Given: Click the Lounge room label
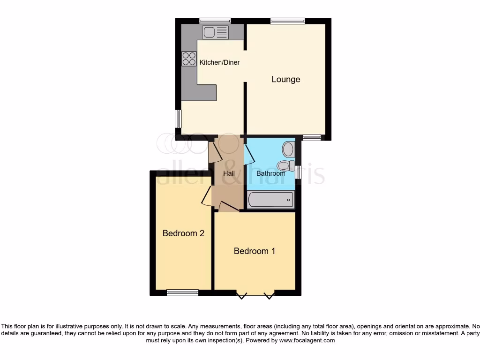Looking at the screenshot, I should [286, 79].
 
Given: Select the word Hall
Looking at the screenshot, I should [229, 173].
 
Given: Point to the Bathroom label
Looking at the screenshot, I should [270, 173].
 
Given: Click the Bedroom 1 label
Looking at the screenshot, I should [255, 251].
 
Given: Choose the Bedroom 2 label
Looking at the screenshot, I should [183, 233].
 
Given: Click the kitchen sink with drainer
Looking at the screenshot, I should [216, 32].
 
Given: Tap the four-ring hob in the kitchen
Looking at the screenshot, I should [189, 59].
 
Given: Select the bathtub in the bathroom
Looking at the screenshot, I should [271, 200].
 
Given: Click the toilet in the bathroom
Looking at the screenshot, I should [285, 165].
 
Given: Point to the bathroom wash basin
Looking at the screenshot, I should [288, 150].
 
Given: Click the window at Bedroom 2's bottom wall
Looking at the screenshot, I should [182, 292].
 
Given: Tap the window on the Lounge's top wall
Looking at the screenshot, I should [287, 21].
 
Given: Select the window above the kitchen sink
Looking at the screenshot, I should [215, 21].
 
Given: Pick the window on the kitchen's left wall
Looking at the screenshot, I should [178, 119].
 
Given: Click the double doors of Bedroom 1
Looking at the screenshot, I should [255, 294].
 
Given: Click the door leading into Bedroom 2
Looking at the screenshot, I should [207, 196].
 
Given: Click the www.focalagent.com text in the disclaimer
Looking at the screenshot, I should [307, 340].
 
